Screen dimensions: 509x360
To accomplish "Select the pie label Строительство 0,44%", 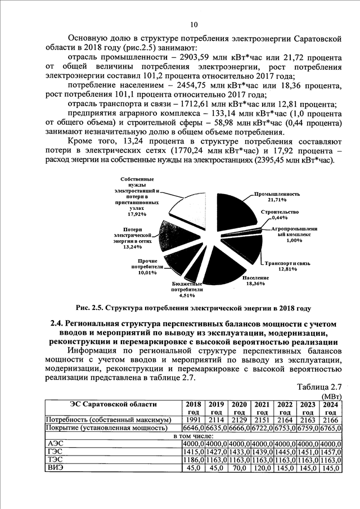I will click(x=279, y=214).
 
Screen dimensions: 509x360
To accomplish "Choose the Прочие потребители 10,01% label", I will click(x=147, y=267).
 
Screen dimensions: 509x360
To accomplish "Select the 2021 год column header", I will click(x=262, y=408).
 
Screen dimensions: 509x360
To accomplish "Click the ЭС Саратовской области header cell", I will click(x=113, y=404).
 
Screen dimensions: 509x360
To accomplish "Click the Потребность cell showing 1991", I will click(x=192, y=420).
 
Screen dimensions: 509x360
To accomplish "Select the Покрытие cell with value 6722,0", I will click(x=261, y=427).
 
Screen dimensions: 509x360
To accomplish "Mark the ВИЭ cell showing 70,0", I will click(x=239, y=467).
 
